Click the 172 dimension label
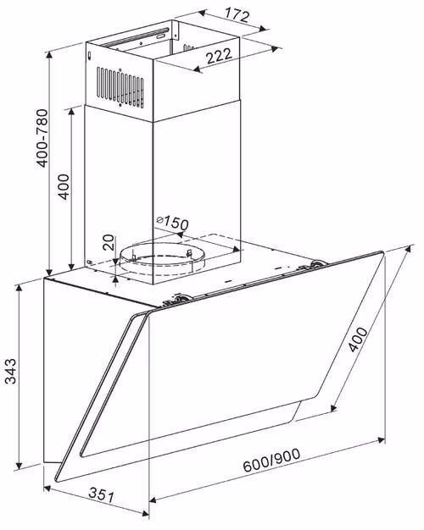(237, 15)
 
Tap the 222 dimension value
(220, 56)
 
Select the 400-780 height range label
(42, 138)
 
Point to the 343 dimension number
(11, 371)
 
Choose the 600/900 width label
(271, 460)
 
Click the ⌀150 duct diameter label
(173, 223)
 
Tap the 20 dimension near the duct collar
(109, 242)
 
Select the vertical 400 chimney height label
(64, 186)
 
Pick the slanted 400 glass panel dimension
(358, 340)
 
